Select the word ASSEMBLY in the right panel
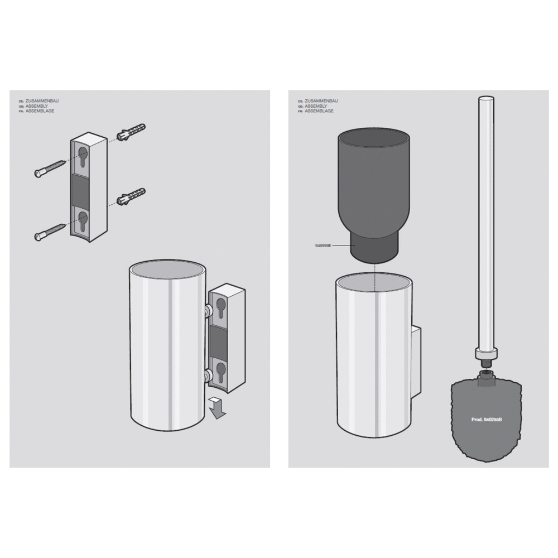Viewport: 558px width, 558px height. pyautogui.click(x=316, y=106)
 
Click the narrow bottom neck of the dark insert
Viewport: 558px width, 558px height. pyautogui.click(x=373, y=249)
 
